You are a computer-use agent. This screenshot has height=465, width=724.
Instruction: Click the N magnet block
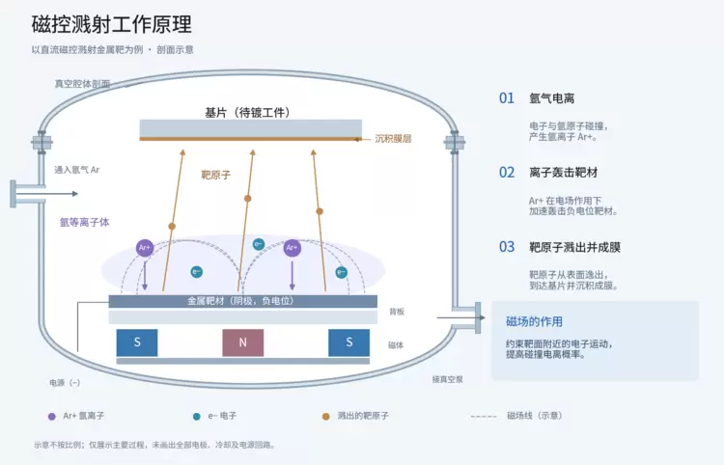click(243, 342)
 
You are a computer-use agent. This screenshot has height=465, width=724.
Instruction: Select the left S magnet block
click(137, 342)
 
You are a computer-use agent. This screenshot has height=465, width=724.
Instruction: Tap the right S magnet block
click(349, 342)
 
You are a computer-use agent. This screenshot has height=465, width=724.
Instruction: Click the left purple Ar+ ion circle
click(145, 248)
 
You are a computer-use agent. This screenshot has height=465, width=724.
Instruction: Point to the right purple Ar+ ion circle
click(292, 248)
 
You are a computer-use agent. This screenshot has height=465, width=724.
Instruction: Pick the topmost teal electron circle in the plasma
click(259, 244)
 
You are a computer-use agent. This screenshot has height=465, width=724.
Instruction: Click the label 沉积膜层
click(393, 138)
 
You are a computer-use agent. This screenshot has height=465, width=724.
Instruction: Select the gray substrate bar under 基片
click(251, 128)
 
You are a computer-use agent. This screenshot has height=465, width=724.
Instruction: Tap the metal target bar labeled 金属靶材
click(243, 301)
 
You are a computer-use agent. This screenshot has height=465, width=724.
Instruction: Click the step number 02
click(507, 173)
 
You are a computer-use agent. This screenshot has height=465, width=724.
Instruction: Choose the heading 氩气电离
click(552, 98)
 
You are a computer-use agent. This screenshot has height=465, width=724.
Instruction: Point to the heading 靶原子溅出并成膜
click(575, 247)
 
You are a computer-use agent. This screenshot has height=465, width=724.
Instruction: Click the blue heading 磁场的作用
click(534, 321)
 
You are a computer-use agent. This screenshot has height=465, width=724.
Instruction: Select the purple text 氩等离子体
click(85, 222)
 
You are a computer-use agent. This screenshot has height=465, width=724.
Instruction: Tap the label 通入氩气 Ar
click(77, 170)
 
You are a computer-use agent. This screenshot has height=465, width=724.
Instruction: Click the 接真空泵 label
click(447, 379)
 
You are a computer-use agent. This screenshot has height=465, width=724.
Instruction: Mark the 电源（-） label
click(65, 382)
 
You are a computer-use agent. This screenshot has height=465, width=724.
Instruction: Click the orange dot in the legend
click(326, 416)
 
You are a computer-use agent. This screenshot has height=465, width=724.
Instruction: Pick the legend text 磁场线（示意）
click(535, 416)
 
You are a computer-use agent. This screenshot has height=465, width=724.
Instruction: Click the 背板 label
click(397, 312)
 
